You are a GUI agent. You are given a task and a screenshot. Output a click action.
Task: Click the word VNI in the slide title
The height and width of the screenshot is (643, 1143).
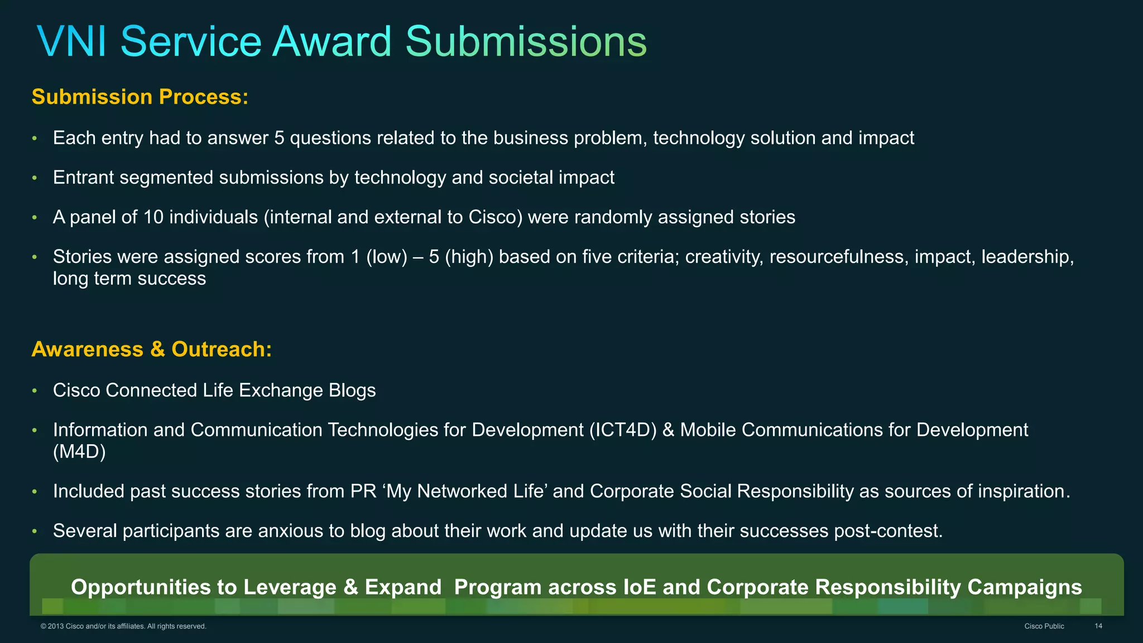[x=72, y=42]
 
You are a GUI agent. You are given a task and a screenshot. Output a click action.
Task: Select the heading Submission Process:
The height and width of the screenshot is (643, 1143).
[x=140, y=97]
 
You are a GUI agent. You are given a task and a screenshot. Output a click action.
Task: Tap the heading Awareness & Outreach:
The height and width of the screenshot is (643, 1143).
[x=151, y=349]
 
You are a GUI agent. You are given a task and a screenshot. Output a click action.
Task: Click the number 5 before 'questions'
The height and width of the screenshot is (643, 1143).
[x=279, y=138]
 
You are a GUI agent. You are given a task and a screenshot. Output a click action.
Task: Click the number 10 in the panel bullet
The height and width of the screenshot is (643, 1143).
[x=153, y=217]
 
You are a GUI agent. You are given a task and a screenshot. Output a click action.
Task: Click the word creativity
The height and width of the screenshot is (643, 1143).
[x=724, y=257]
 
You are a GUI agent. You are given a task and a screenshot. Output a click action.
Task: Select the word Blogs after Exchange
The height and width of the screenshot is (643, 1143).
[x=352, y=390]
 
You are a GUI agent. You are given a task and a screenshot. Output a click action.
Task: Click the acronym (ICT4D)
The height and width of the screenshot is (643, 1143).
[x=623, y=430]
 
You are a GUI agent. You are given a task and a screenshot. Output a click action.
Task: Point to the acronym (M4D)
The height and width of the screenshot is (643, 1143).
[x=79, y=452]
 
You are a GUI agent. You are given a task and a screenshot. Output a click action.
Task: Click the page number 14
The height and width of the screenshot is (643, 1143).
[x=1098, y=626]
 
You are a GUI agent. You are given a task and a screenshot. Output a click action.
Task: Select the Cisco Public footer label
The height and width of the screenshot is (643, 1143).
[x=1044, y=626]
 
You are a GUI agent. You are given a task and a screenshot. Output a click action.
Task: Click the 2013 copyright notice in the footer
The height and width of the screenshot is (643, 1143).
[x=123, y=626]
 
